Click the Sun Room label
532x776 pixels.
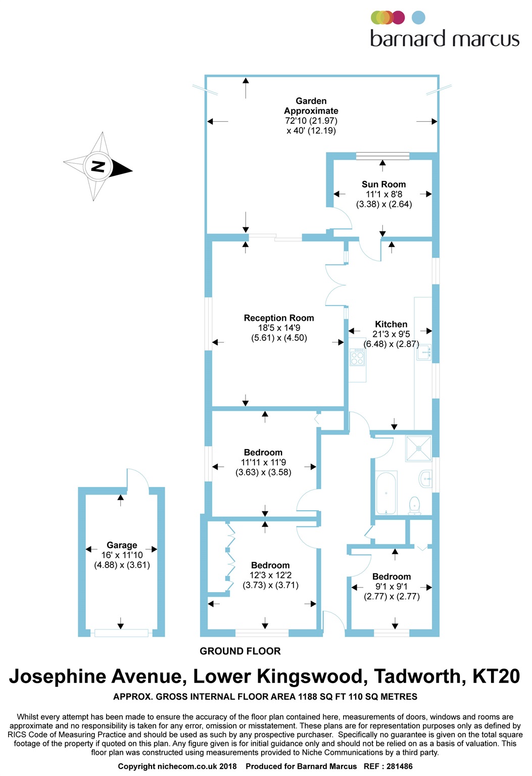tap(383, 184)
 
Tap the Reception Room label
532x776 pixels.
tap(279, 318)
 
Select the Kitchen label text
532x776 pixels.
tap(391, 324)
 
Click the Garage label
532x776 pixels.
tap(122, 545)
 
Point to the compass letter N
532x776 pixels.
tap(98, 166)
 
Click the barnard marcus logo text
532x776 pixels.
tap(445, 39)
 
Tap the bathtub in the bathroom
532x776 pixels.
tap(386, 493)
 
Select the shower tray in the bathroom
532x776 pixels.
tap(419, 448)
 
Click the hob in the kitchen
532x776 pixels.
tap(357, 358)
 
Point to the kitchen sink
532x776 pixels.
tap(423, 352)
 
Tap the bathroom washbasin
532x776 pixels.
tap(426, 478)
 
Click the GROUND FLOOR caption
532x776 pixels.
tap(240, 651)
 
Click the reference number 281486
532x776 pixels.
tap(399, 766)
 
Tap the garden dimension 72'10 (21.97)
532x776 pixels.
tap(311, 121)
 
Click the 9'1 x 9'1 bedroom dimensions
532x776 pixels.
tap(392, 587)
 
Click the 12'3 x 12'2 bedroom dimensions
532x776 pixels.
tap(270, 575)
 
